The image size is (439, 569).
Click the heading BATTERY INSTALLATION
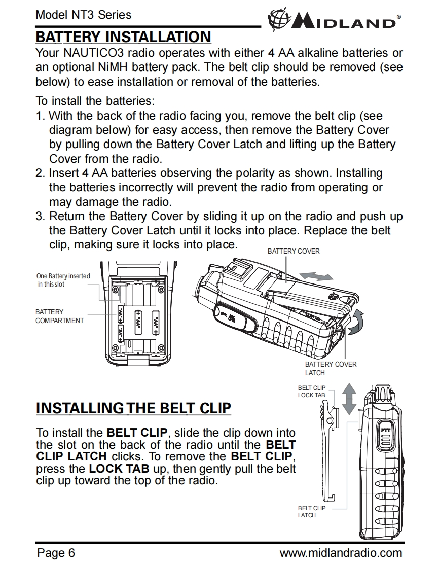pyautogui.click(x=123, y=37)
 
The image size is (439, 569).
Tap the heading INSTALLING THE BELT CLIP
pyautogui.click(x=134, y=408)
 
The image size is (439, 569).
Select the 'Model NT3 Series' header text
pyautogui.click(x=84, y=15)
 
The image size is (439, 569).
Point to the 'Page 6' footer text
pyautogui.click(x=56, y=552)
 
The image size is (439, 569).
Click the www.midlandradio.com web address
pyautogui.click(x=341, y=552)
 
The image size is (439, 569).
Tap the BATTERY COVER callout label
pyautogui.click(x=294, y=251)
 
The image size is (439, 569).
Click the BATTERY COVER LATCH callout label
pyautogui.click(x=331, y=368)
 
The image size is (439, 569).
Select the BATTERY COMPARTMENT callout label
pyautogui.click(x=59, y=316)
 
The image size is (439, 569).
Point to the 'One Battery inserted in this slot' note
pyautogui.click(x=63, y=280)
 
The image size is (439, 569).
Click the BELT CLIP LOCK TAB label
pyautogui.click(x=312, y=391)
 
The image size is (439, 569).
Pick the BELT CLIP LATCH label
pyautogui.click(x=312, y=511)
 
